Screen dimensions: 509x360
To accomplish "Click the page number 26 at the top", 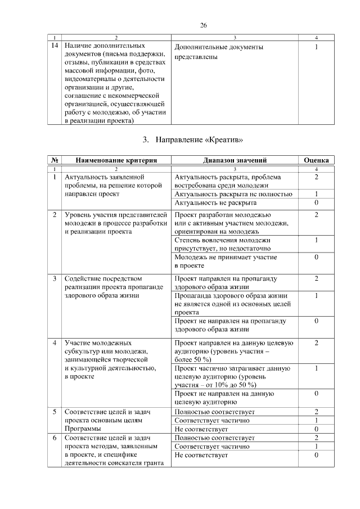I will point(204,25).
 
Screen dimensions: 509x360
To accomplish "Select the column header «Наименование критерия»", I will point(116,160).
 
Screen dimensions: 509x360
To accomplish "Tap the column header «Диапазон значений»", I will point(235,160).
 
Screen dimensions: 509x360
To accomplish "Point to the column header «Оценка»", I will point(316,160).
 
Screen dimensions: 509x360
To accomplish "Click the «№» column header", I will point(55,160).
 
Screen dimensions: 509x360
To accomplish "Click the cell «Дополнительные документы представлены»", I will point(219,52).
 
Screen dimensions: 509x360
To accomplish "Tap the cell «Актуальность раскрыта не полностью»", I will point(233,194).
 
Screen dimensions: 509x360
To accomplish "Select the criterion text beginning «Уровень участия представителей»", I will point(116,223).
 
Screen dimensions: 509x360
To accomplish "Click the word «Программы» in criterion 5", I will point(82,429).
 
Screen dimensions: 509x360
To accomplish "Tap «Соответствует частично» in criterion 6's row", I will point(212,446).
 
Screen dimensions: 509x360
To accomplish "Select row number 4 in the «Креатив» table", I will point(55,343).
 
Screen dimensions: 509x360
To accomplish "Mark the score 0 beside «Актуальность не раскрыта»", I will point(317,202).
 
